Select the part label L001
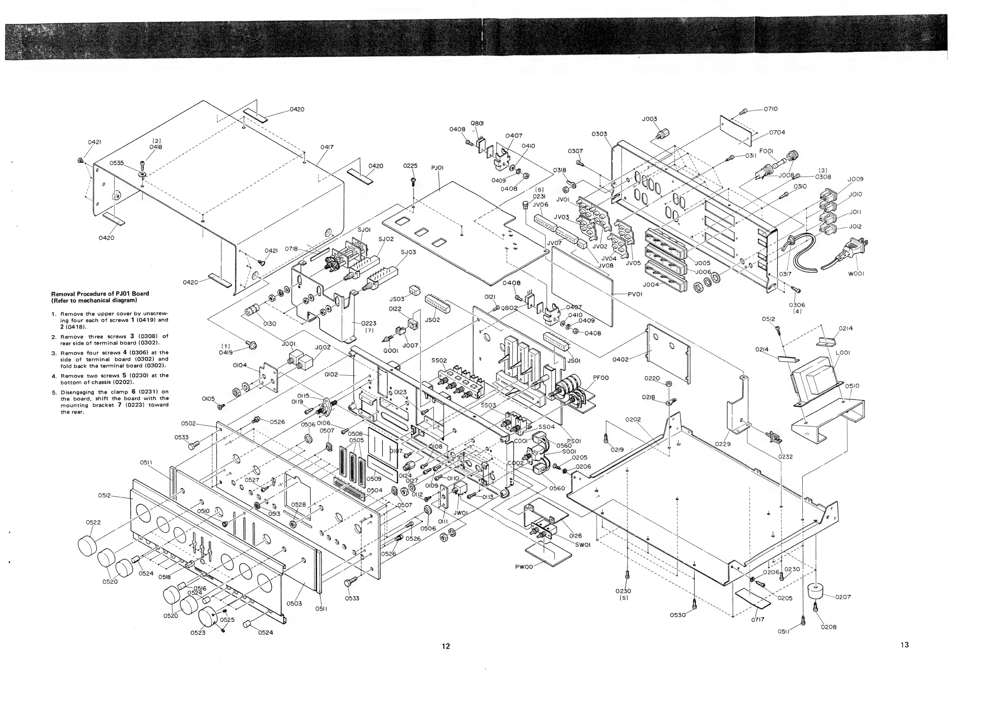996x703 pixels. [x=843, y=353]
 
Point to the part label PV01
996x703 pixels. [x=635, y=294]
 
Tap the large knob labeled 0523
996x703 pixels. [x=209, y=618]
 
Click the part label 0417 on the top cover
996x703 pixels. [x=327, y=147]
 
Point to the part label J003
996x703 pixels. [x=649, y=119]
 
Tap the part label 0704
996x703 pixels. [x=777, y=132]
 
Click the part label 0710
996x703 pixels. [x=770, y=109]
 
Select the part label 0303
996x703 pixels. [x=600, y=134]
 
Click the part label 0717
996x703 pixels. [x=757, y=619]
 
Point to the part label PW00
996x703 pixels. [x=525, y=567]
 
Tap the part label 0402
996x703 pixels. [x=621, y=359]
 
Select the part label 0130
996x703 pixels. [x=269, y=323]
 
